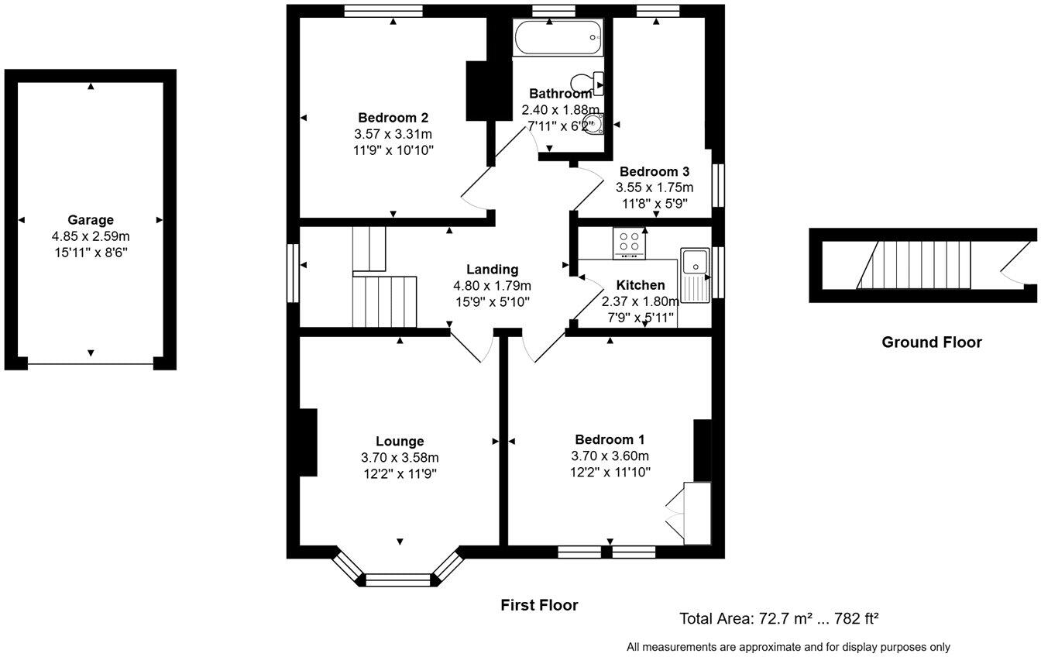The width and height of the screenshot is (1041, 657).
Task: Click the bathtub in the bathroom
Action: pyautogui.click(x=556, y=37)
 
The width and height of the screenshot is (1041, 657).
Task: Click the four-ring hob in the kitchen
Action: pyautogui.click(x=629, y=243)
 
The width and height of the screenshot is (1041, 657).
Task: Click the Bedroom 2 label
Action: pyautogui.click(x=393, y=118)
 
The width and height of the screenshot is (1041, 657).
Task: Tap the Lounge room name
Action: pyautogui.click(x=400, y=442)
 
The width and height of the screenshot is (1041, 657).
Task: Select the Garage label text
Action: pyautogui.click(x=90, y=220)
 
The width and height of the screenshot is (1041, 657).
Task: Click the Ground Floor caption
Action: pyautogui.click(x=931, y=342)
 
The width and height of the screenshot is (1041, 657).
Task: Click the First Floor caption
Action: pyautogui.click(x=539, y=605)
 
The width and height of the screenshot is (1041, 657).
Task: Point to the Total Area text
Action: pyautogui.click(x=778, y=619)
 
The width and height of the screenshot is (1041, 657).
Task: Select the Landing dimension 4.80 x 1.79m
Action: pyautogui.click(x=492, y=285)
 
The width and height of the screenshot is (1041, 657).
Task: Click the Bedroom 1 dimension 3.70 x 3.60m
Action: pyautogui.click(x=610, y=456)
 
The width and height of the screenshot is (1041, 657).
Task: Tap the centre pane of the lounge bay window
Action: pyautogui.click(x=397, y=579)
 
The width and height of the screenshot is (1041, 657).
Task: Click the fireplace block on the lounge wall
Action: pyautogui.click(x=308, y=442)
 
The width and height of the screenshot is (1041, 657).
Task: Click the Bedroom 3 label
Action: pyautogui.click(x=654, y=171)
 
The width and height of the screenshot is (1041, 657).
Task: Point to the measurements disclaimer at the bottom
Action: pyautogui.click(x=788, y=647)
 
